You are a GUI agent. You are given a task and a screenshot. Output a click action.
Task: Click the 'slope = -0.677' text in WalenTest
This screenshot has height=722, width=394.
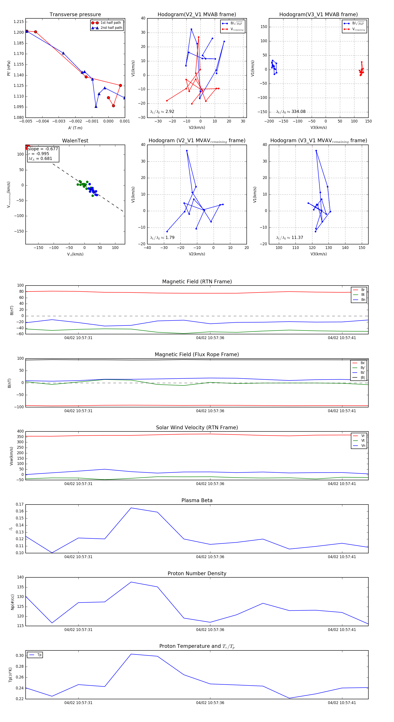click(43, 149)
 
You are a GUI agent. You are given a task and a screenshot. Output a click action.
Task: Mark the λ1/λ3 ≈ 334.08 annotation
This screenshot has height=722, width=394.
click(291, 112)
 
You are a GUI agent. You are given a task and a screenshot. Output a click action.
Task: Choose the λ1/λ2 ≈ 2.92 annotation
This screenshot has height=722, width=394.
click(162, 112)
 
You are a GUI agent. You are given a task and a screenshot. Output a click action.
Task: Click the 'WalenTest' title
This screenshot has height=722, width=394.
click(75, 141)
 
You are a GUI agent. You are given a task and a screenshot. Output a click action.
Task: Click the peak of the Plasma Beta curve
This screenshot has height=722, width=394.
click(131, 508)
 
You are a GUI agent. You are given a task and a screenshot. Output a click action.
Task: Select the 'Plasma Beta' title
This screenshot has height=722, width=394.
click(197, 501)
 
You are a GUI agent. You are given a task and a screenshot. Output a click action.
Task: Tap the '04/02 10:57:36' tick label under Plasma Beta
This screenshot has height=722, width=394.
click(210, 557)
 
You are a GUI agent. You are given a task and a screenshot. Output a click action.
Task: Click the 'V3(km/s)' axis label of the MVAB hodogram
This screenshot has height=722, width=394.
click(318, 128)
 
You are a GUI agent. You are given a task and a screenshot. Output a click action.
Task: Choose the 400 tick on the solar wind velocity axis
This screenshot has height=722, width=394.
click(20, 431)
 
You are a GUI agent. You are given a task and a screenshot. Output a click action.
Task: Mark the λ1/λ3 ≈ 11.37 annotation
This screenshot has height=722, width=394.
click(290, 238)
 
